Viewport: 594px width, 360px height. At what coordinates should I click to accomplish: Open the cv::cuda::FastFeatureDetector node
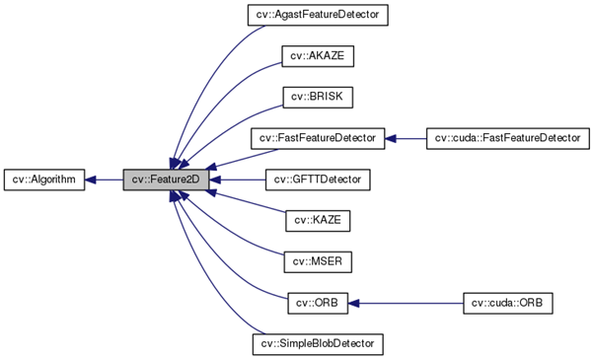click(507, 139)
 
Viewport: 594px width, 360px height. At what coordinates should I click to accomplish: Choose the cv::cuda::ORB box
click(507, 303)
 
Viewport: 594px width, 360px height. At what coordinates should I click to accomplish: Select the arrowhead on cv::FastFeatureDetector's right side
click(391, 139)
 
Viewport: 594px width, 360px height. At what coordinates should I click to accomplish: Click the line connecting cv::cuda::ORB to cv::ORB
click(414, 303)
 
